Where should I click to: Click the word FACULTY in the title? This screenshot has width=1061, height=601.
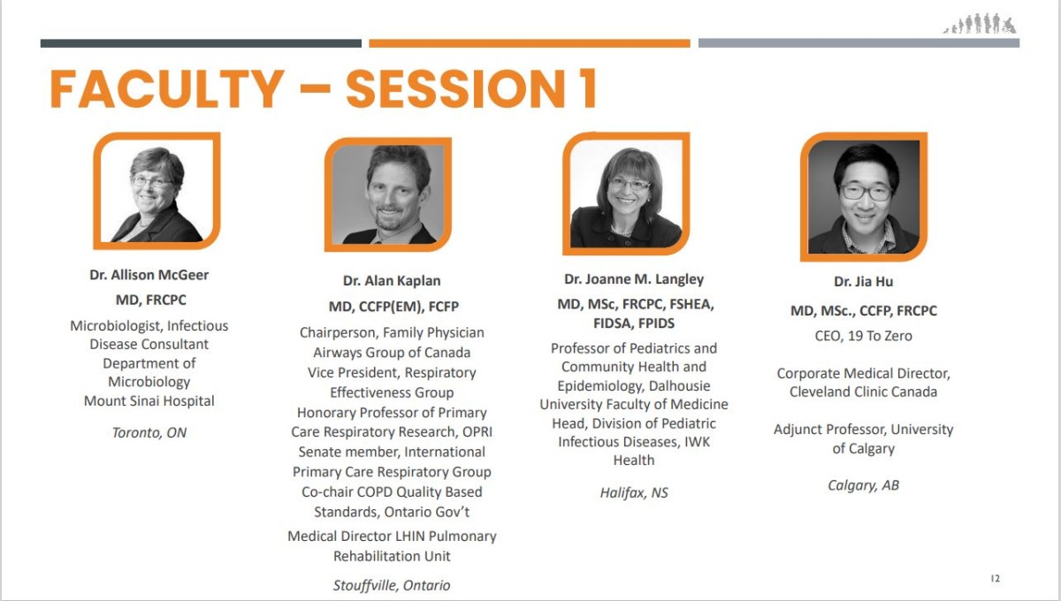167,89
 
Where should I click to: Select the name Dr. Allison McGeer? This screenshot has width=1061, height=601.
149,275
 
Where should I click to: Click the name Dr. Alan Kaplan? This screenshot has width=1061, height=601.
392,281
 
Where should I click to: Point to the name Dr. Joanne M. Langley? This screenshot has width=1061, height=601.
634,279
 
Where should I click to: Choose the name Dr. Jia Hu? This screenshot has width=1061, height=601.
864,282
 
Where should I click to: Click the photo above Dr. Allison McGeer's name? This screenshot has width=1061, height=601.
156,191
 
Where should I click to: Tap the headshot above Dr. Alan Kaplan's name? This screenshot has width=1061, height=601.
388,194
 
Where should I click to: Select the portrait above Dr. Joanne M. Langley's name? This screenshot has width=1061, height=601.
626,194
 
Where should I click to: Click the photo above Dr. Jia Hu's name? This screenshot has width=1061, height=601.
864,196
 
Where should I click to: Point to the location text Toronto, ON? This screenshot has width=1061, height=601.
149,433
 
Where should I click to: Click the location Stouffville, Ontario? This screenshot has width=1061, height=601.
392,585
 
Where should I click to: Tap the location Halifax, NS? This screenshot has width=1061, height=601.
634,493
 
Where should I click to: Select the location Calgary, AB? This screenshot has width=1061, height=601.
864,485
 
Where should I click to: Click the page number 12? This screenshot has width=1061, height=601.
996,578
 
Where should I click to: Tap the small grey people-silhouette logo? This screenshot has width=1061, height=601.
980,23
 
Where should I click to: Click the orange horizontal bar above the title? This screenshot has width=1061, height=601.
530,43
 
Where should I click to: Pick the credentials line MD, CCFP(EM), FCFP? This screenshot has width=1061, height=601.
393,307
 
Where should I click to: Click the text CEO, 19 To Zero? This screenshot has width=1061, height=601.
864,336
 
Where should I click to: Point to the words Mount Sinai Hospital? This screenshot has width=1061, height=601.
149,401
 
